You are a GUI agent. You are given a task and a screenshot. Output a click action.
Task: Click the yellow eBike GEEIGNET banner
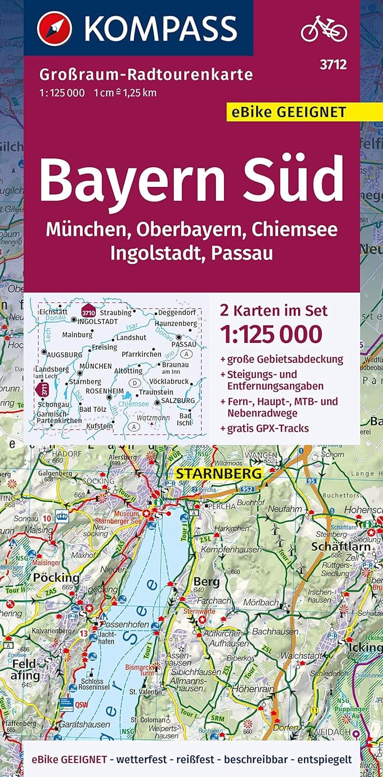293,111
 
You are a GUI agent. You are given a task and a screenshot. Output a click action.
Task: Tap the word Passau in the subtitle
245,253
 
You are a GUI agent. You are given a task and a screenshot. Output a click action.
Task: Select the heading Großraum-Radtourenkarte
146,75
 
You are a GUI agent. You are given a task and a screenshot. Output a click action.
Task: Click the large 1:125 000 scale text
271,334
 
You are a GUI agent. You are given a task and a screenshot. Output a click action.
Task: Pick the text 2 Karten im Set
274,310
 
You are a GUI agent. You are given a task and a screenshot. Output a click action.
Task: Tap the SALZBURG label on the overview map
178,400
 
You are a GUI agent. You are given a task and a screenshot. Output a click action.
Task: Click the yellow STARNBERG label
219,473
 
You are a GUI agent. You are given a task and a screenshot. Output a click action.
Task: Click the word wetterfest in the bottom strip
141,760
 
